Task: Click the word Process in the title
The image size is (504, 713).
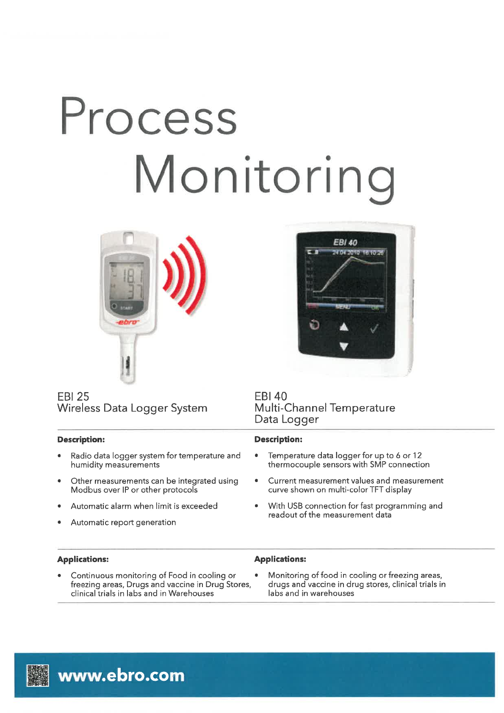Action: click(148, 116)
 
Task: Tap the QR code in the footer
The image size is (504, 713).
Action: click(38, 675)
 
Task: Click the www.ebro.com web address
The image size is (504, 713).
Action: click(121, 675)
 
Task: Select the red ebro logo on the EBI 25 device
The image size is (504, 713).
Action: click(127, 323)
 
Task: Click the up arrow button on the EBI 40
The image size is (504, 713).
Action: click(344, 326)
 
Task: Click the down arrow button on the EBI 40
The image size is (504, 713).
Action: click(344, 347)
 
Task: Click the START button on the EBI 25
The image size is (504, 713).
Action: click(126, 308)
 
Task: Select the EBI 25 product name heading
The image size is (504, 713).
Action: click(73, 396)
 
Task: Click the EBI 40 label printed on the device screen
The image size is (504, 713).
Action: click(345, 242)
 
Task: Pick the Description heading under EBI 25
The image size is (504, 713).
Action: click(81, 440)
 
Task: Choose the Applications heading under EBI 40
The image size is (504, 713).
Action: click(280, 559)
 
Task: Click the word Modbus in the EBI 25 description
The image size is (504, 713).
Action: click(84, 490)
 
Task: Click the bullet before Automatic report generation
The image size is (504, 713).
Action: click(60, 523)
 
